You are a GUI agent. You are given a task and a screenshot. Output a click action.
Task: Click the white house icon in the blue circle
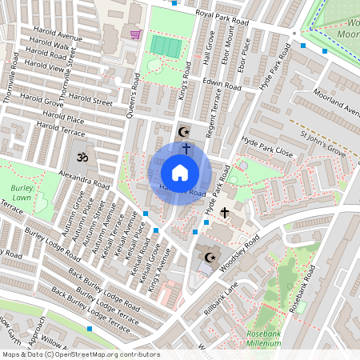[x=180, y=173]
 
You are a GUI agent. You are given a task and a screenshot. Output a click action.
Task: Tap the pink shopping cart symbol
[x=135, y=34]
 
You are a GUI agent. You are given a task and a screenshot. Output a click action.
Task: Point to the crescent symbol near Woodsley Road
[x=211, y=257]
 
